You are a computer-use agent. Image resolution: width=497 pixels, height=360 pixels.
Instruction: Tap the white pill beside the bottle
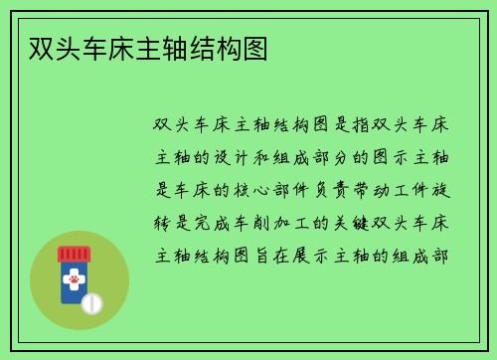[x=91, y=302]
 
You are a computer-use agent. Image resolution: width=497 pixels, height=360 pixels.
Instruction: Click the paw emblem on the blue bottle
[x=73, y=283]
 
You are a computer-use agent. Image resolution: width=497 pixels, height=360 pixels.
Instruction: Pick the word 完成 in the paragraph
[x=215, y=222]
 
